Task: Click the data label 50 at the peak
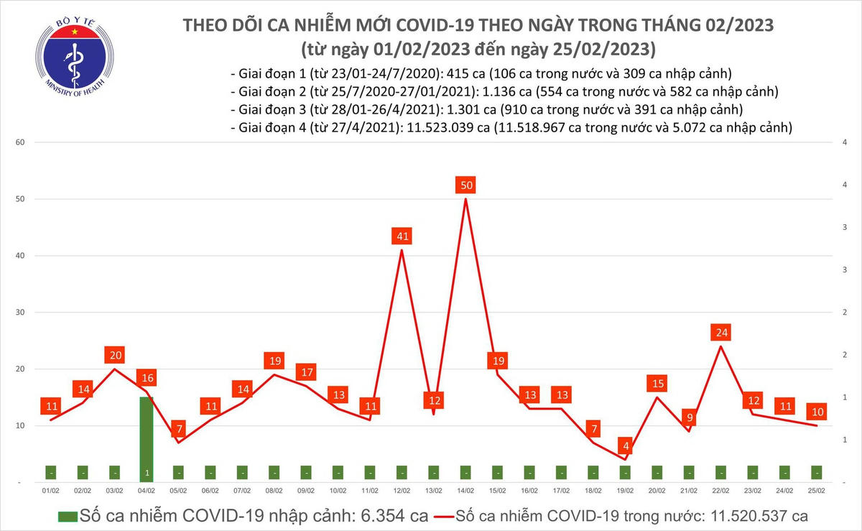tap(465, 185)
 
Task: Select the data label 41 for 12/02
tap(402, 236)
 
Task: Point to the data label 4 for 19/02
tap(626, 446)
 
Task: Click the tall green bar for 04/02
tap(146, 438)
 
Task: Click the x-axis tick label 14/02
tap(465, 491)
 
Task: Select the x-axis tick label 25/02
tap(817, 491)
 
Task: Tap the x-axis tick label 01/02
tap(50, 491)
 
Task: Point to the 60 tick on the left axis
tap(20, 142)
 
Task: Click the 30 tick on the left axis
tap(20, 313)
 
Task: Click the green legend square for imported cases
tap(67, 515)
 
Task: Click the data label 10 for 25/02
tap(817, 412)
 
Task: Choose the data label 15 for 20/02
tap(657, 384)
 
